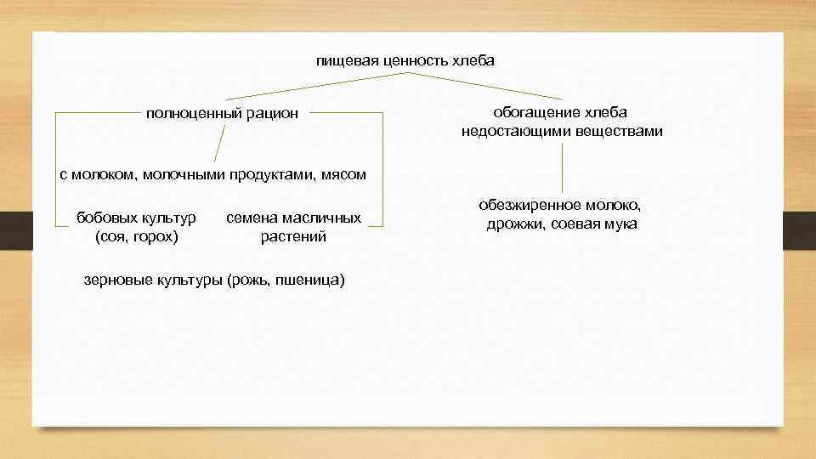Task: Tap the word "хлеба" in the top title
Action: point(473,61)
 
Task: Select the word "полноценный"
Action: point(193,113)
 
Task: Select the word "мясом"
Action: point(343,175)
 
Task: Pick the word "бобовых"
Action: point(105,218)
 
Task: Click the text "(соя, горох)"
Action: point(137,237)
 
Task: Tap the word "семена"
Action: point(253,218)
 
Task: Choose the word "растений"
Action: point(293,237)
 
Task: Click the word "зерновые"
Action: point(117,280)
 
